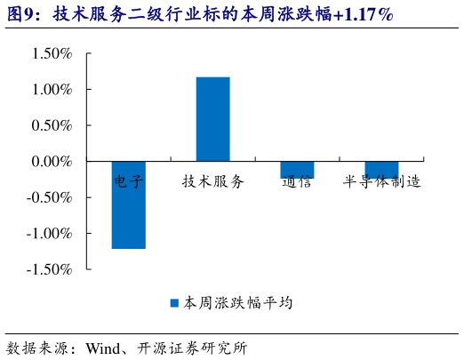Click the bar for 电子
(128, 205)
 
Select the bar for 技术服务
(212, 119)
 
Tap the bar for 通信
(297, 170)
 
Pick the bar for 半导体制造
(381, 169)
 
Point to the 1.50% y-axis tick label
(52, 54)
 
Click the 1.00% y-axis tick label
(52, 90)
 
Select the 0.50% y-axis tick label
(52, 125)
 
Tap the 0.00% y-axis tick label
(52, 162)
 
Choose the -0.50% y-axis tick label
(50, 197)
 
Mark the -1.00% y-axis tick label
(50, 233)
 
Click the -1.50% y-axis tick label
(50, 269)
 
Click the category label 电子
(128, 181)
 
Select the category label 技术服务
(212, 181)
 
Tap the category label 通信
(297, 181)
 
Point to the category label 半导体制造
(381, 181)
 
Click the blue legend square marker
(175, 303)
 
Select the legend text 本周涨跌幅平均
(237, 303)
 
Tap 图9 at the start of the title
(21, 15)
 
